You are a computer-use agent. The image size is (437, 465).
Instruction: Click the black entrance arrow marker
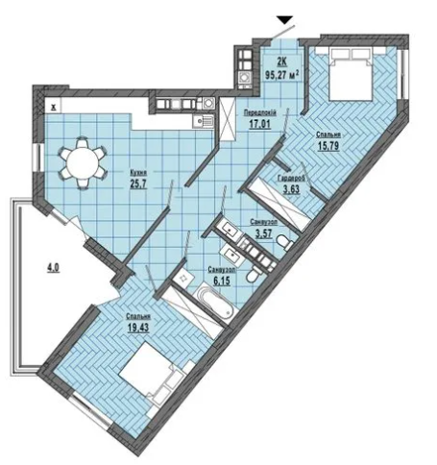tap(285, 20)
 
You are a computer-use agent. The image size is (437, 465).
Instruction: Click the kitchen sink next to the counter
tap(203, 121)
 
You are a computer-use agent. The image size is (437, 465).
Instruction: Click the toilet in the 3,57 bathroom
tap(284, 241)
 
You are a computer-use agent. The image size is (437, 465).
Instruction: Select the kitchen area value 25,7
tap(138, 184)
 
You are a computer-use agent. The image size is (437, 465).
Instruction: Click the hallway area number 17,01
tap(260, 124)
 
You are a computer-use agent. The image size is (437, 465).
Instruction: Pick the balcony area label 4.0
tap(54, 267)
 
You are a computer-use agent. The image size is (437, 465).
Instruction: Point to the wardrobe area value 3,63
tap(291, 189)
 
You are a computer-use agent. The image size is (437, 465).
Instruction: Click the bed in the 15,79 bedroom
tap(352, 75)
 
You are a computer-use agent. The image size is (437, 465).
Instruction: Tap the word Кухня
tap(138, 173)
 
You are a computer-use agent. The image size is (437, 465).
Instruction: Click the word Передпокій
tap(260, 112)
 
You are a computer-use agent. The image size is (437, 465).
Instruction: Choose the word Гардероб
tap(291, 179)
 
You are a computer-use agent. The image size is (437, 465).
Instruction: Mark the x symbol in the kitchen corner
tap(54, 108)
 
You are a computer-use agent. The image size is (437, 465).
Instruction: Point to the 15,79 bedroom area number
tap(328, 146)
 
